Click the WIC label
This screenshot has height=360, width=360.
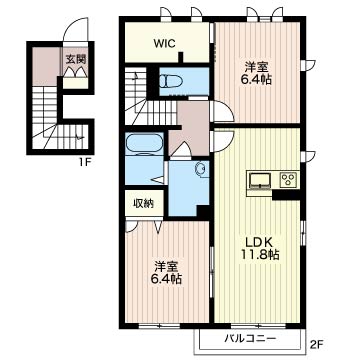(x=165, y=44)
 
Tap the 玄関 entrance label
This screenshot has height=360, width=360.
(x=75, y=59)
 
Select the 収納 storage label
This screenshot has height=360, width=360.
(x=144, y=203)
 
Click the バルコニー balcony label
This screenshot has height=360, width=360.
(x=250, y=339)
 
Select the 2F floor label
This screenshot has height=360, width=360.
(x=318, y=343)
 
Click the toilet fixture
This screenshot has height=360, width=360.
(x=171, y=81)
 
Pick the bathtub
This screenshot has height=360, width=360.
(x=144, y=144)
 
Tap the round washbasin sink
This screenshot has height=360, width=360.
(x=201, y=168)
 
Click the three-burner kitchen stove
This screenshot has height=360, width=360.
(x=288, y=180)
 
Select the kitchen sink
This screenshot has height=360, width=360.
(x=261, y=180)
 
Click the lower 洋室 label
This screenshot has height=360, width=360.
(x=166, y=267)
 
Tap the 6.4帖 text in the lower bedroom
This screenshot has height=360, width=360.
(x=166, y=279)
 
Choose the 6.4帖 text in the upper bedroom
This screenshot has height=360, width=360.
(x=256, y=80)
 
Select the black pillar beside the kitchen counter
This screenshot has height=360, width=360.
(x=286, y=194)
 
